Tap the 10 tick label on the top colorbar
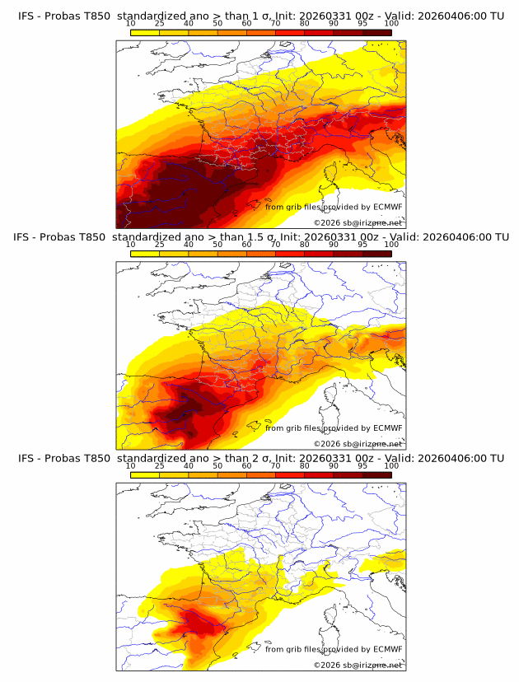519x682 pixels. pos(131,23)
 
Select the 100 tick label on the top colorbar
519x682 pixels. pos(391,23)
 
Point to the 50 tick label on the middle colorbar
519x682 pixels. pos(217,245)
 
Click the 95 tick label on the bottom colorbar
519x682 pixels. pos(362,466)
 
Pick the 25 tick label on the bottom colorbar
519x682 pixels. pos(160,466)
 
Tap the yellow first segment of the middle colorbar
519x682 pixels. pos(145,254)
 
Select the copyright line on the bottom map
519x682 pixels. pos(358,665)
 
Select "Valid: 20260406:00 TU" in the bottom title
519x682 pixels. pos(445,458)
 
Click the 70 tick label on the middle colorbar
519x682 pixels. pos(275,245)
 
